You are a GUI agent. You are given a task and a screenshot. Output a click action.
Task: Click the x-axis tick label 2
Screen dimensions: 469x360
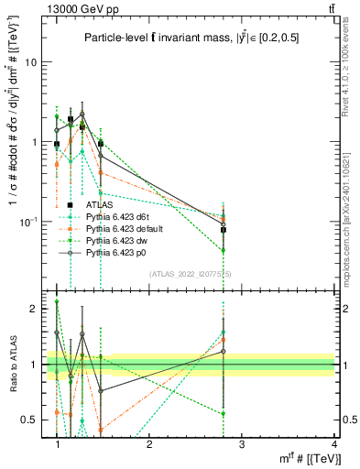(x=149, y=443)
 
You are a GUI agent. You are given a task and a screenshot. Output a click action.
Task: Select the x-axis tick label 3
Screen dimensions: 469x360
(x=242, y=443)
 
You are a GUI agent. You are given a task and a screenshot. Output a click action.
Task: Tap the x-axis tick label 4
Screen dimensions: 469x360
(x=333, y=443)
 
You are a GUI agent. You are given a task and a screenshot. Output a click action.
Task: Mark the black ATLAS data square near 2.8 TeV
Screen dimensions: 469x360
(x=224, y=230)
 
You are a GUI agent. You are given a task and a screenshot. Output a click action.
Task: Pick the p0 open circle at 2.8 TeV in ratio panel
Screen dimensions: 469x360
(x=224, y=351)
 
